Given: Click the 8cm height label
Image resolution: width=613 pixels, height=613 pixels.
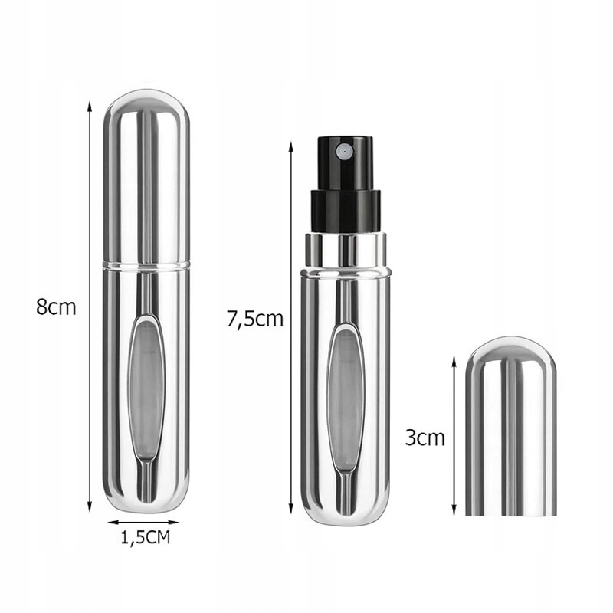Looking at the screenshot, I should click(x=57, y=307).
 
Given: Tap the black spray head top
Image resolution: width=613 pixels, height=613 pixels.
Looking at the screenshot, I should click(x=343, y=157).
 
